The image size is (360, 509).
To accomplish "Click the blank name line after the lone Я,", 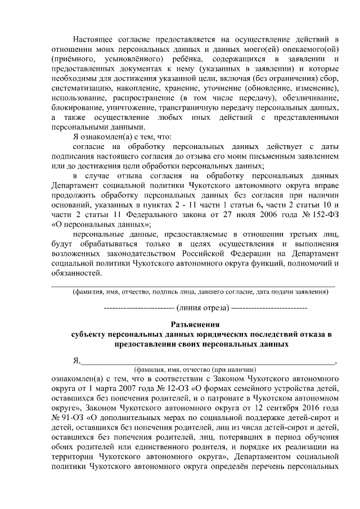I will pos(208,362).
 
